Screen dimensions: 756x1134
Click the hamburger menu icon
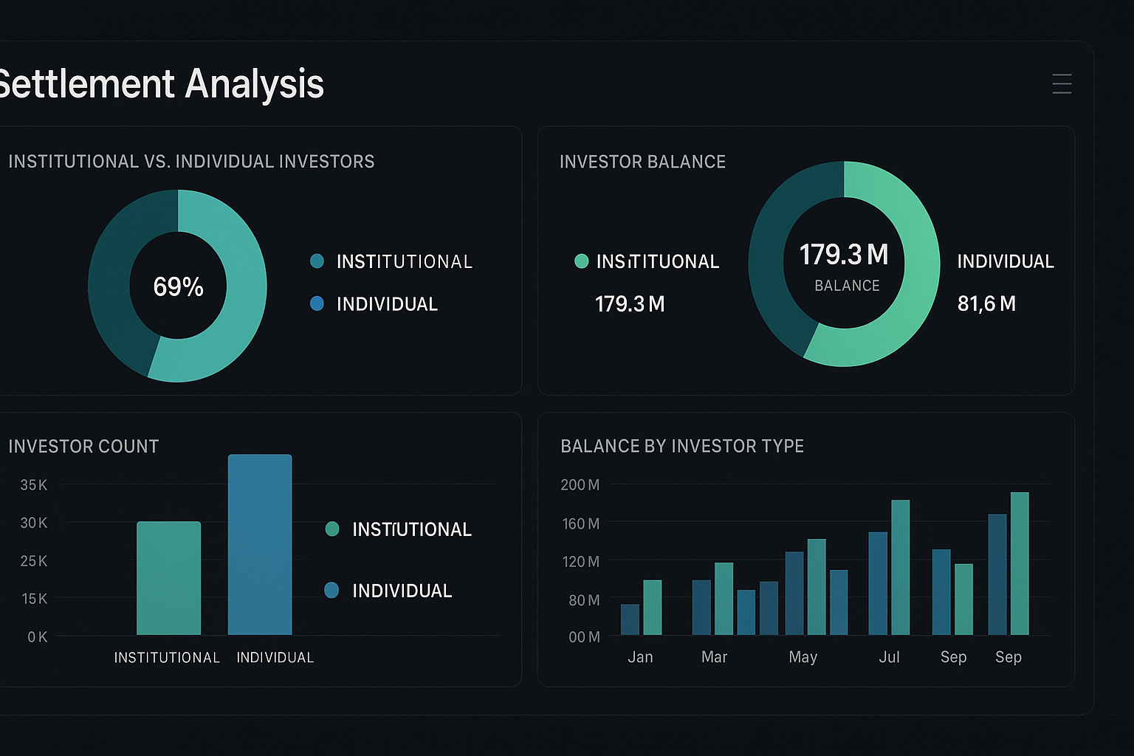[x=1062, y=84]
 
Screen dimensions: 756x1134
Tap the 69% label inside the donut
[x=178, y=286]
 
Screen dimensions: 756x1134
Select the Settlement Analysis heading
[x=160, y=83]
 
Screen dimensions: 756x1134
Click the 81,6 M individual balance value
[x=986, y=303]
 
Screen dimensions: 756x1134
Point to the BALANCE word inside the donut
[x=847, y=286]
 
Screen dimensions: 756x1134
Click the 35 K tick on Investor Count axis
[x=34, y=485]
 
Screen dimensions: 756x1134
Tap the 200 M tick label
[x=580, y=485]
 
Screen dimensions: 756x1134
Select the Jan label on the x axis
[x=640, y=657]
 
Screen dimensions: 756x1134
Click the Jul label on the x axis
[x=889, y=657]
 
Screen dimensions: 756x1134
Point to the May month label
[x=803, y=657]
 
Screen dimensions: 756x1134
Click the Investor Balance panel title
[x=642, y=162]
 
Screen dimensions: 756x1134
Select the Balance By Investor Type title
[x=682, y=446]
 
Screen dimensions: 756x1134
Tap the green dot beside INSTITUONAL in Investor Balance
[x=581, y=261]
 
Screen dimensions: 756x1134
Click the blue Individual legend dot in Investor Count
[x=331, y=590]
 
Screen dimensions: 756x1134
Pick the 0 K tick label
[x=38, y=637]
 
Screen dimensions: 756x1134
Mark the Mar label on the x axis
[x=714, y=657]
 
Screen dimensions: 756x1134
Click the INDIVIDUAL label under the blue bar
[x=275, y=658]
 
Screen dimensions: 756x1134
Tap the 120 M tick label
[x=581, y=562]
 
